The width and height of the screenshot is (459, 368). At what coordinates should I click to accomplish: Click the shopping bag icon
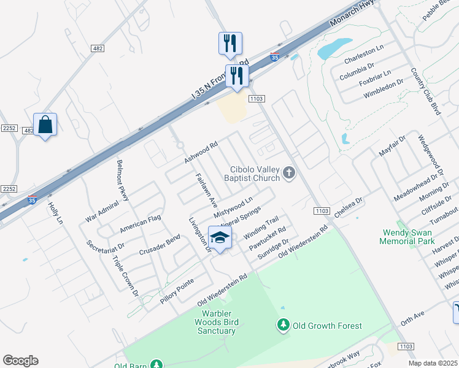45,125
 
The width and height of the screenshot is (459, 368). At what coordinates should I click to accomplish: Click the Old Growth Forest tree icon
283,325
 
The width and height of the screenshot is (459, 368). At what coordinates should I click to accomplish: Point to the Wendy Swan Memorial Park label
407,237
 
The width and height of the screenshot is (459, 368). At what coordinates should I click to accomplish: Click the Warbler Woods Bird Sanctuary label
215,321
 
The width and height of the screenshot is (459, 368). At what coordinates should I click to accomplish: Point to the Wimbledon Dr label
383,88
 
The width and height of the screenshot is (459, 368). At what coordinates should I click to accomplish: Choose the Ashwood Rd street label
201,153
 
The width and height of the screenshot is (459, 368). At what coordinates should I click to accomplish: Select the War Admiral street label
101,209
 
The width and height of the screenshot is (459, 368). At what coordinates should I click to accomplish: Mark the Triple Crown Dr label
126,277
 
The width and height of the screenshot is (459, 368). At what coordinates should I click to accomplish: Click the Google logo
20,361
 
